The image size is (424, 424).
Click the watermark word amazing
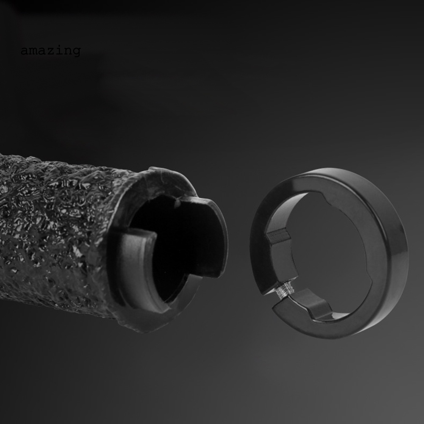50,51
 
